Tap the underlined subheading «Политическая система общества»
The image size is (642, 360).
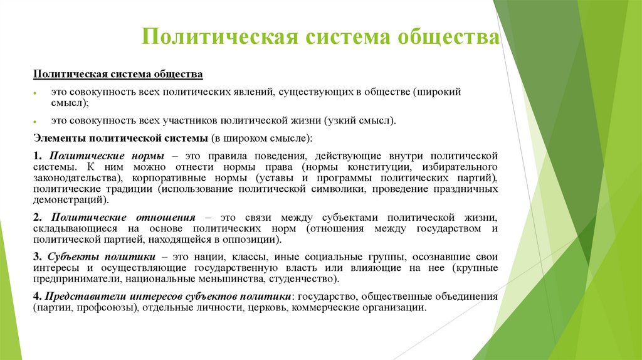point(118,75)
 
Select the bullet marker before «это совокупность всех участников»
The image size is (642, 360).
point(36,121)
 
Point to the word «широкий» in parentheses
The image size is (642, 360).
point(438,92)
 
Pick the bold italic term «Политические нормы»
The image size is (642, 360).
point(107,155)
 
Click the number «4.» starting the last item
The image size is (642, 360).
point(38,296)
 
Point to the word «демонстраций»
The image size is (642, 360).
point(70,201)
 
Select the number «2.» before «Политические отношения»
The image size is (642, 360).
point(38,217)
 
